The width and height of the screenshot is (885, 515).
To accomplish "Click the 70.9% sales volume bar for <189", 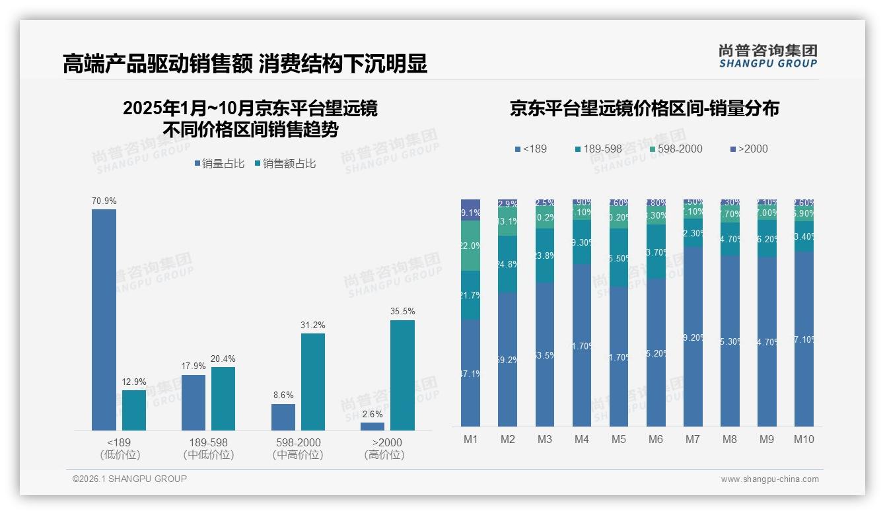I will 104,320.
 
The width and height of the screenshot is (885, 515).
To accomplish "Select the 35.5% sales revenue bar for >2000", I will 402,375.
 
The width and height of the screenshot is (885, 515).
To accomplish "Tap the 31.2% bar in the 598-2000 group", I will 313,382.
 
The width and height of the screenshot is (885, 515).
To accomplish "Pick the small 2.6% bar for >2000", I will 372,427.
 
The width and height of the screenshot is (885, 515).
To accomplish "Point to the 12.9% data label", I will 134,382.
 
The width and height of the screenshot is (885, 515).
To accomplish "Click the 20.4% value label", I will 223,359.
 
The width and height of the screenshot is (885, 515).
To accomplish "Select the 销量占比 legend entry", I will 222,164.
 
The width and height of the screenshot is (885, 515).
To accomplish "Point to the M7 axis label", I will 692,439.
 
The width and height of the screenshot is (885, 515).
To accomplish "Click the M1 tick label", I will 470,439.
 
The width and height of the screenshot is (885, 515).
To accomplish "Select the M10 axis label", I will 803,439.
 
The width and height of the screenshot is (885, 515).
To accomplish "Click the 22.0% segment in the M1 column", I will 470,246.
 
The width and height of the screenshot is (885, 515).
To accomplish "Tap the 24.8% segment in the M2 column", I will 507,264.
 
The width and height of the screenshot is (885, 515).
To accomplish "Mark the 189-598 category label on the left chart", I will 209,442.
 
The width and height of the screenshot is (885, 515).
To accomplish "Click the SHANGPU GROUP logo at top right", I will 767,56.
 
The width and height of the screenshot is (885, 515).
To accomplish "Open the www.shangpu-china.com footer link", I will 769,479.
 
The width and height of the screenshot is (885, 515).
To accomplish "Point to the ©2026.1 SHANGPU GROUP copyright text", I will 129,479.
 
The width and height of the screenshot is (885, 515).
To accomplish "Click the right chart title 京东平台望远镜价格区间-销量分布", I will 644,108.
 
